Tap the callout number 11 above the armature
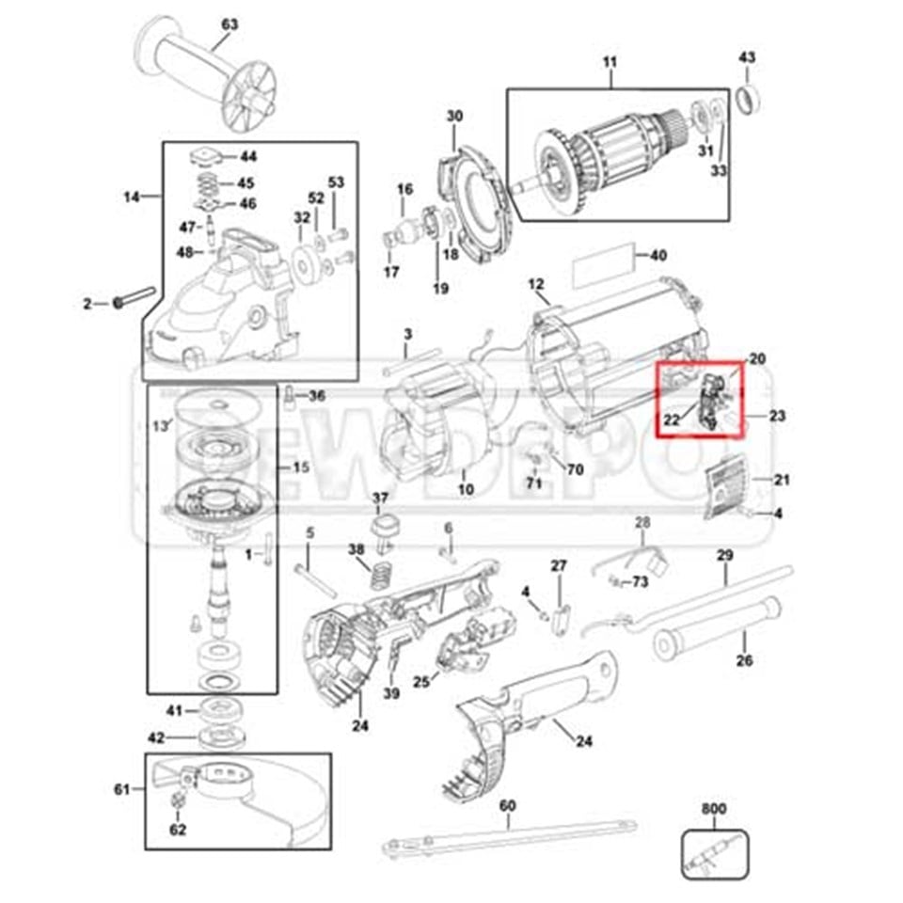(610, 64)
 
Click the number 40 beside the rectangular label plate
(658, 256)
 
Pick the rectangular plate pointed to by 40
(605, 267)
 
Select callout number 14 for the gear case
(133, 197)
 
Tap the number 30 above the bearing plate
(454, 117)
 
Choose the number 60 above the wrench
(507, 805)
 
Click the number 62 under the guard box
(178, 830)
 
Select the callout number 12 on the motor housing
(536, 284)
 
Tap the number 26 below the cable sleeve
(744, 660)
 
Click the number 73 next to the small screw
(640, 582)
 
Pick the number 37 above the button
(380, 498)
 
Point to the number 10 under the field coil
(466, 490)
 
